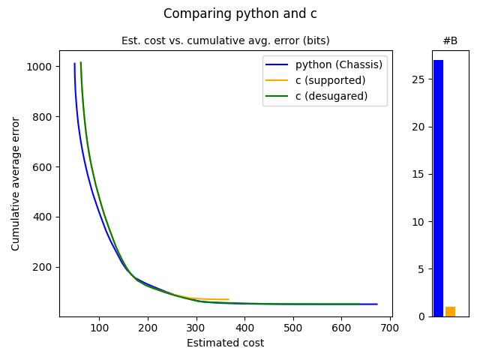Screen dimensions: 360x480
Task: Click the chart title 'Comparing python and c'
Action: [240, 13]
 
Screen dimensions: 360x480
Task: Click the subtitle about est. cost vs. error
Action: [225, 40]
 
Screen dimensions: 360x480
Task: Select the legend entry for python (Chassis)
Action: [338, 65]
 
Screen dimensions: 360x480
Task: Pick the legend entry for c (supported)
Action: [330, 80]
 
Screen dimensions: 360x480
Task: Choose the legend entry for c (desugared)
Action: [331, 95]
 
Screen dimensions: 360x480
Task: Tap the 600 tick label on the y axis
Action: [43, 167]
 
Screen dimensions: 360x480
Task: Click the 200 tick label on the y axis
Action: [43, 267]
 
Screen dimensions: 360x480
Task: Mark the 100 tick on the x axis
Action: [99, 328]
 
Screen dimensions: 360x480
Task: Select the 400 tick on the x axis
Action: [245, 328]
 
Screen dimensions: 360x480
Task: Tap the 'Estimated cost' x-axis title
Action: [225, 343]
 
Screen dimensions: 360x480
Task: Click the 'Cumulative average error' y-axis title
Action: [16, 184]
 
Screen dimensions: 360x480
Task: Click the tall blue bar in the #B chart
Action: [438, 188]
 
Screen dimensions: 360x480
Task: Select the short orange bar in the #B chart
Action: [450, 311]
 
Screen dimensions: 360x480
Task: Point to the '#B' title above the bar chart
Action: [450, 40]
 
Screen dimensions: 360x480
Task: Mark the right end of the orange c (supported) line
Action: [229, 299]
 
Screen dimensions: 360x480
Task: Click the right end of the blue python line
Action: [377, 304]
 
